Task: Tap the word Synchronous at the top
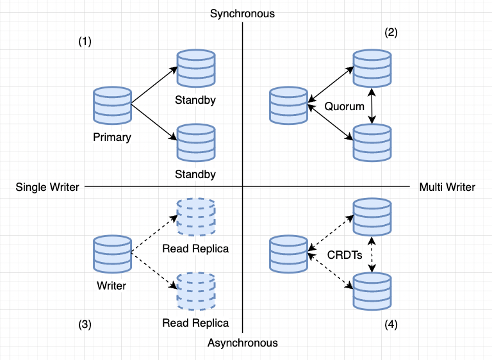coord(242,13)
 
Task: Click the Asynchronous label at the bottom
coord(242,343)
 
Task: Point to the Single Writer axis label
coord(47,187)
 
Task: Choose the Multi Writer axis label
coord(447,187)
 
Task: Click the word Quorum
coord(344,106)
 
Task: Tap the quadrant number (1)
coord(85,42)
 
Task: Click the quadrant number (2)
coord(391,33)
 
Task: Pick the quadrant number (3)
coord(85,324)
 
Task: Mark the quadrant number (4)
coord(391,324)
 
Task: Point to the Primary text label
coord(111,137)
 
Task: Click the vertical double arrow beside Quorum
coord(373,106)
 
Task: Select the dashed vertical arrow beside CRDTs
coord(373,254)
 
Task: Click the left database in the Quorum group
coord(288,105)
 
